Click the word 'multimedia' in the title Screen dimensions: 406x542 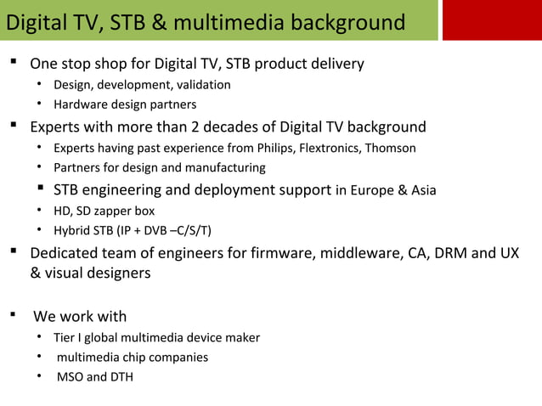pyautogui.click(x=231, y=22)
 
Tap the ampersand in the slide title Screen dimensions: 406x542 pyautogui.click(x=160, y=22)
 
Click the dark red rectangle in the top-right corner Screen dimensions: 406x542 pyautogui.click(x=492, y=20)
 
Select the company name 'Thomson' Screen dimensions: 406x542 pyautogui.click(x=390, y=148)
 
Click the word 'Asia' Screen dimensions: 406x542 pyautogui.click(x=422, y=190)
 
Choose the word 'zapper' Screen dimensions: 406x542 pyautogui.click(x=115, y=211)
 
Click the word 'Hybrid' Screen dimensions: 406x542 pyautogui.click(x=71, y=231)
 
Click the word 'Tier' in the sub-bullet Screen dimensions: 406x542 pyautogui.click(x=65, y=338)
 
